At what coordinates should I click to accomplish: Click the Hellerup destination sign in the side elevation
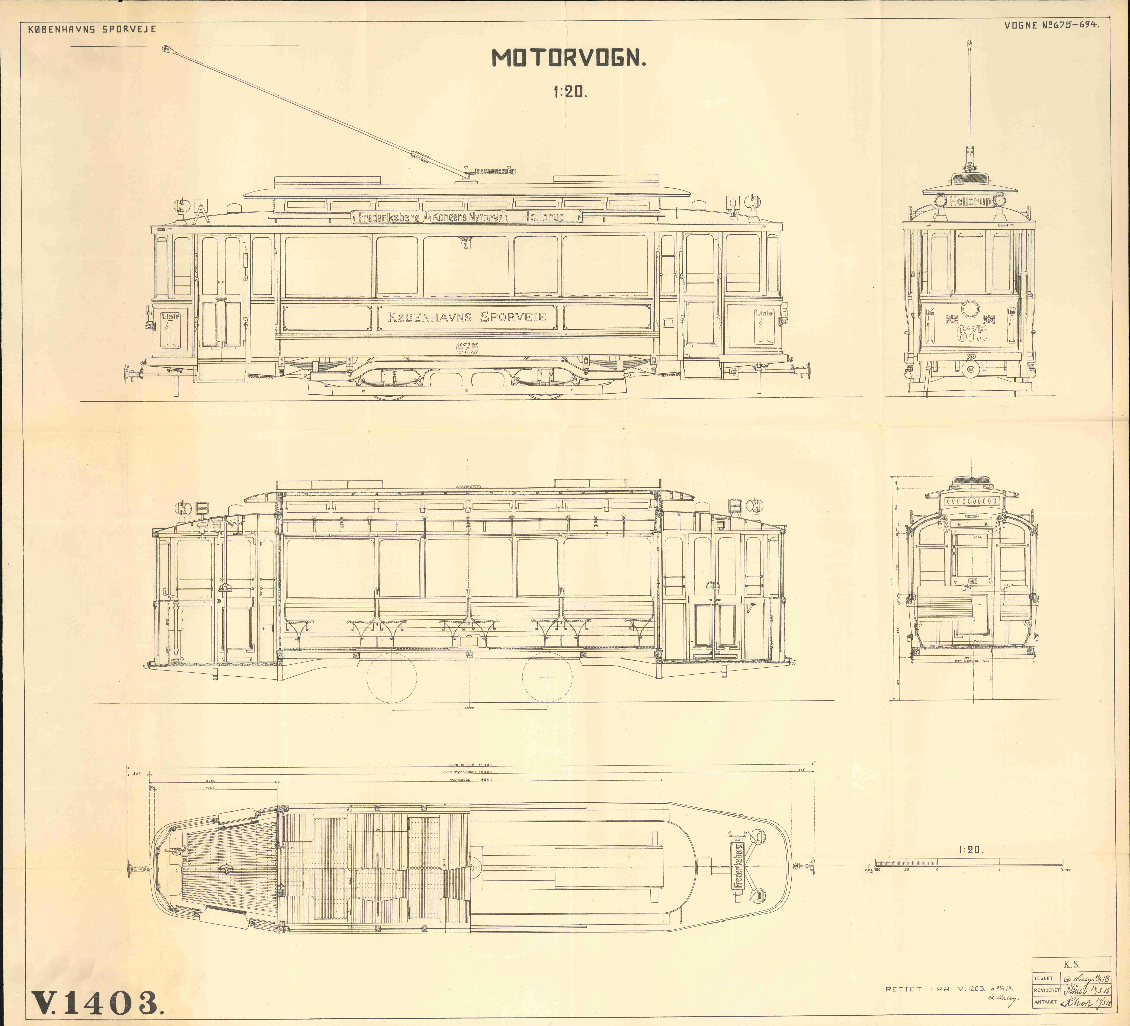tap(542, 217)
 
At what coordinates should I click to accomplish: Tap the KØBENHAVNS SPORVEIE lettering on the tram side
tap(467, 317)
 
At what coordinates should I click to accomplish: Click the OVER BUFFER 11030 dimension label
tap(471, 764)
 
